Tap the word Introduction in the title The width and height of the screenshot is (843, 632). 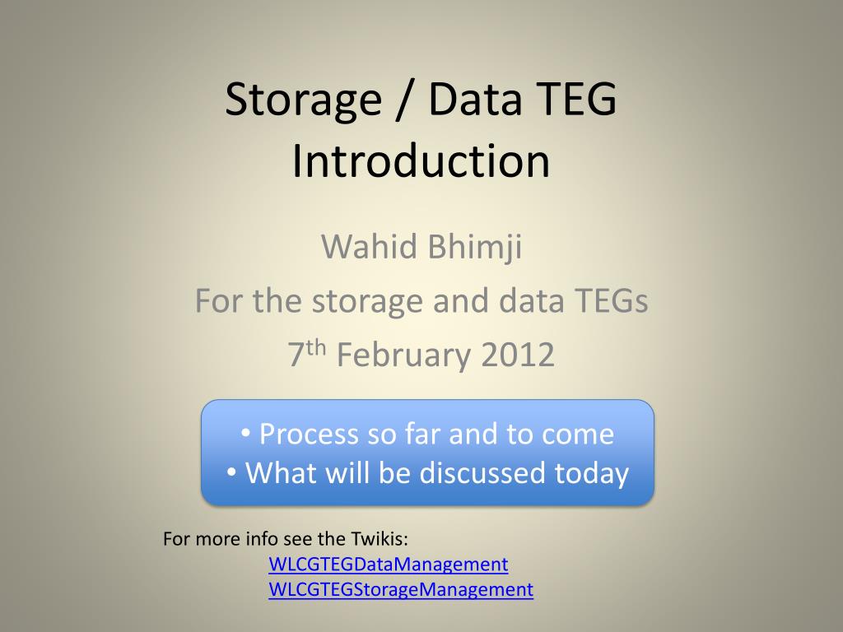421,160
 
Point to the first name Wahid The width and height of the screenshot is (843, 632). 370,246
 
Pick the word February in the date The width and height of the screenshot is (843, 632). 403,355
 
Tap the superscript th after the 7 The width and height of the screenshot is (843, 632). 316,347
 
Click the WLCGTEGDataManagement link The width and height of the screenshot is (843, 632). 389,564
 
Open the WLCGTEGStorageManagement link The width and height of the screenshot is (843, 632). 401,589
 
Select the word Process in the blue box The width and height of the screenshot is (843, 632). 309,434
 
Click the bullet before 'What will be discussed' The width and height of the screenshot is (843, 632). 231,473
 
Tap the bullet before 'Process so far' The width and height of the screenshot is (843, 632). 245,433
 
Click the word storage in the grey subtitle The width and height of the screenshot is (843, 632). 367,302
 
